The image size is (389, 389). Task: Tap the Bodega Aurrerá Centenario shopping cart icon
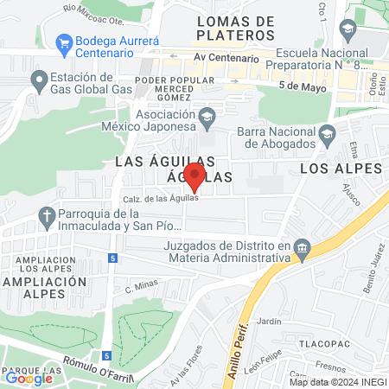click(x=63, y=41)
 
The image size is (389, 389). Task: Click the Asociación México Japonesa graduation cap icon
click(x=207, y=115)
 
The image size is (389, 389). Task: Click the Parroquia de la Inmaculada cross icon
click(x=48, y=216)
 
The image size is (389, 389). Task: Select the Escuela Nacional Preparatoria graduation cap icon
click(x=348, y=32)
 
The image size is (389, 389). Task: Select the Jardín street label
click(x=270, y=321)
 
